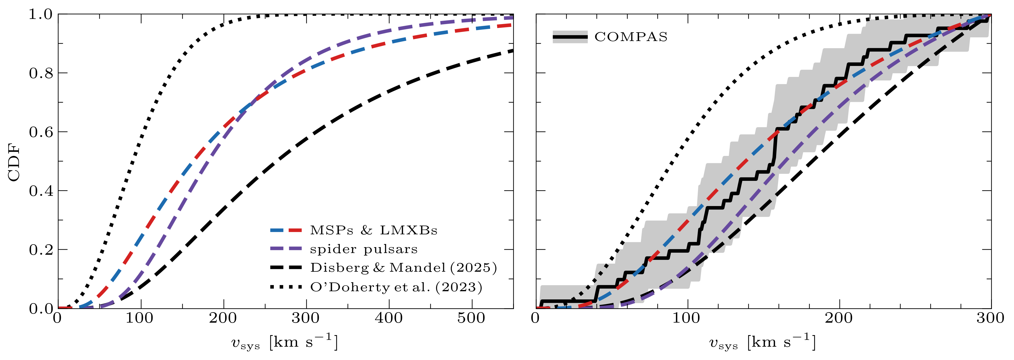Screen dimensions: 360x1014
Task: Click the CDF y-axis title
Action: point(14,162)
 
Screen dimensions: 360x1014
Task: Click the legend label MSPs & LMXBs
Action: point(373,230)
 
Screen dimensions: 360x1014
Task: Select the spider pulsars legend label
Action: point(364,249)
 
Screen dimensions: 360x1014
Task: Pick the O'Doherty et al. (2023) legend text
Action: point(396,287)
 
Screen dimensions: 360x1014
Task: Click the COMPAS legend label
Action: point(631,37)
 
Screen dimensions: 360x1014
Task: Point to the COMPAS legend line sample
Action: point(570,37)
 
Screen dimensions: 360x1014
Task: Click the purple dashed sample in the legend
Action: point(286,249)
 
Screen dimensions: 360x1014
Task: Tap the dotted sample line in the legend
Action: point(286,287)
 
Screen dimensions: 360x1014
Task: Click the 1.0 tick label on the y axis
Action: point(40,14)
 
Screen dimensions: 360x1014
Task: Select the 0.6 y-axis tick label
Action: point(40,132)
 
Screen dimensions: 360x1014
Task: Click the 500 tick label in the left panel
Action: point(471,318)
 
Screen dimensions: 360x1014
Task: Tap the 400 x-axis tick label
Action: point(388,318)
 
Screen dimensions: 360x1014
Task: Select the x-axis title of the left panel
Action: point(284,342)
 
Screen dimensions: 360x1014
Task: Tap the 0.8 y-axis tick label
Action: point(40,73)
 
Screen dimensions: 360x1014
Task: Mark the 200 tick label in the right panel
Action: point(838,318)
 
